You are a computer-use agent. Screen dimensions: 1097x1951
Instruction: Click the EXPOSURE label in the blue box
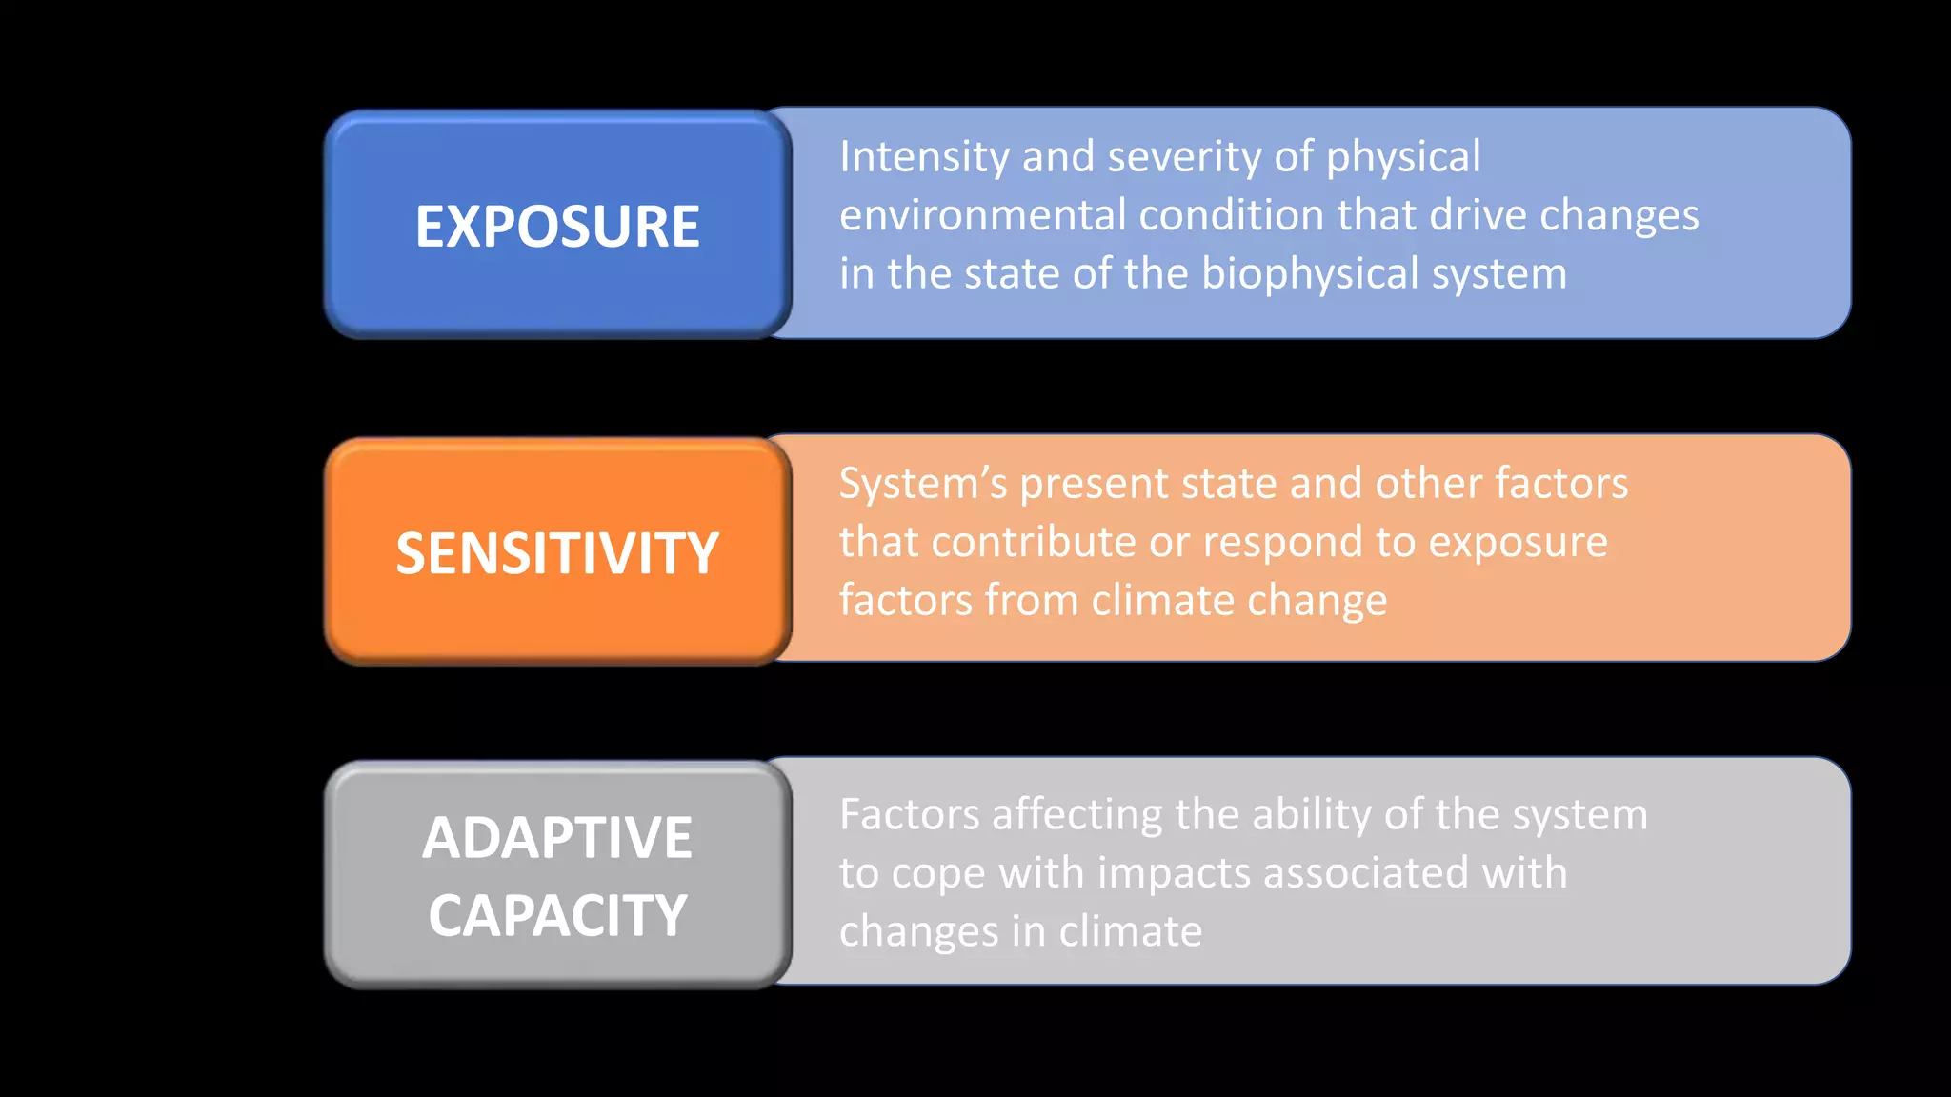point(557,227)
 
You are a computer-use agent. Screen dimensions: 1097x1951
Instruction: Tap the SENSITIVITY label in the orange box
point(557,553)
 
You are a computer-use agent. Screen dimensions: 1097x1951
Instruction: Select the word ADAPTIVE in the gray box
point(557,838)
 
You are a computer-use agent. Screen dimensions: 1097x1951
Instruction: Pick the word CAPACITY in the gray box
point(557,916)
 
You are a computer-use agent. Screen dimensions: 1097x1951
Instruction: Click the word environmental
point(982,215)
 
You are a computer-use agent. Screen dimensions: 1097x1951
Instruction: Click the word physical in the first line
point(1403,157)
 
